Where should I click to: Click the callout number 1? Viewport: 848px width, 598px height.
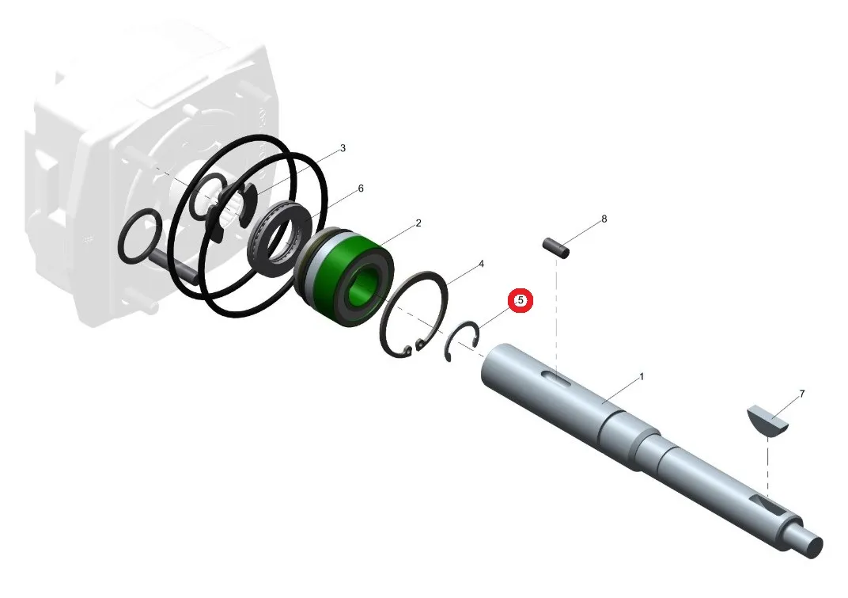pyautogui.click(x=642, y=376)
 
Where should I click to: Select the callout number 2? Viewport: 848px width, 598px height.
pyautogui.click(x=418, y=223)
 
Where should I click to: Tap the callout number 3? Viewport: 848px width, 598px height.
pyautogui.click(x=343, y=148)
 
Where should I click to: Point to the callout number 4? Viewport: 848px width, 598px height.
pyautogui.click(x=481, y=264)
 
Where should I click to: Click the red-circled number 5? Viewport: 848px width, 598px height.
pyautogui.click(x=521, y=300)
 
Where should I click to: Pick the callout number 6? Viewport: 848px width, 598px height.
pyautogui.click(x=361, y=189)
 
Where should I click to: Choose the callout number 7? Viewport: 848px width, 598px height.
pyautogui.click(x=801, y=394)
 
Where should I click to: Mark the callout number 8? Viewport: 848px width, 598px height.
pyautogui.click(x=604, y=219)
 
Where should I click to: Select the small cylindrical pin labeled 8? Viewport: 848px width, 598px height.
pyautogui.click(x=556, y=247)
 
